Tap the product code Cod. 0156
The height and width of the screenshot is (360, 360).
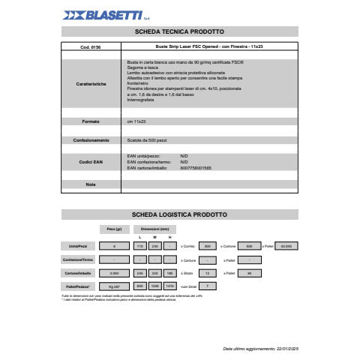click(90, 47)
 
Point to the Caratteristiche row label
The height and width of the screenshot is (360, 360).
click(90, 83)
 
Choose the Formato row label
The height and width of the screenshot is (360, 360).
click(90, 121)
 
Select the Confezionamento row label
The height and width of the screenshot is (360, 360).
click(90, 140)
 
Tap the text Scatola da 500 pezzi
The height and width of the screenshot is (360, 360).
click(150, 140)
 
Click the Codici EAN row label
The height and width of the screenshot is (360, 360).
click(90, 162)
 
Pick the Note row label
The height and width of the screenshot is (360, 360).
click(90, 184)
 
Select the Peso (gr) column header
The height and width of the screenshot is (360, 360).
click(114, 228)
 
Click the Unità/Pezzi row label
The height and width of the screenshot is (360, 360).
click(79, 245)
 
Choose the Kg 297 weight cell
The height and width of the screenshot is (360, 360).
click(114, 286)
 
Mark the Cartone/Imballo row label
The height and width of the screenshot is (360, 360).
click(79, 273)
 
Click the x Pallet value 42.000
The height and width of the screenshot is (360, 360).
click(286, 245)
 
